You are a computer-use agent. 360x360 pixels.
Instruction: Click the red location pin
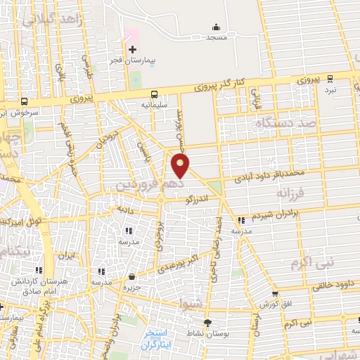click(x=181, y=166)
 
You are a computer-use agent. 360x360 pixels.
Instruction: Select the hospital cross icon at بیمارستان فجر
click(x=133, y=49)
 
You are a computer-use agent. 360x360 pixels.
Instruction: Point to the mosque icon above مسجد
click(x=215, y=27)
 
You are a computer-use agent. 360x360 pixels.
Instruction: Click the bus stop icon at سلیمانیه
click(x=153, y=94)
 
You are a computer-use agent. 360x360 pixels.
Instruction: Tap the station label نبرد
click(x=330, y=90)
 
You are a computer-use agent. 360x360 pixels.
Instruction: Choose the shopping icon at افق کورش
click(x=274, y=294)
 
